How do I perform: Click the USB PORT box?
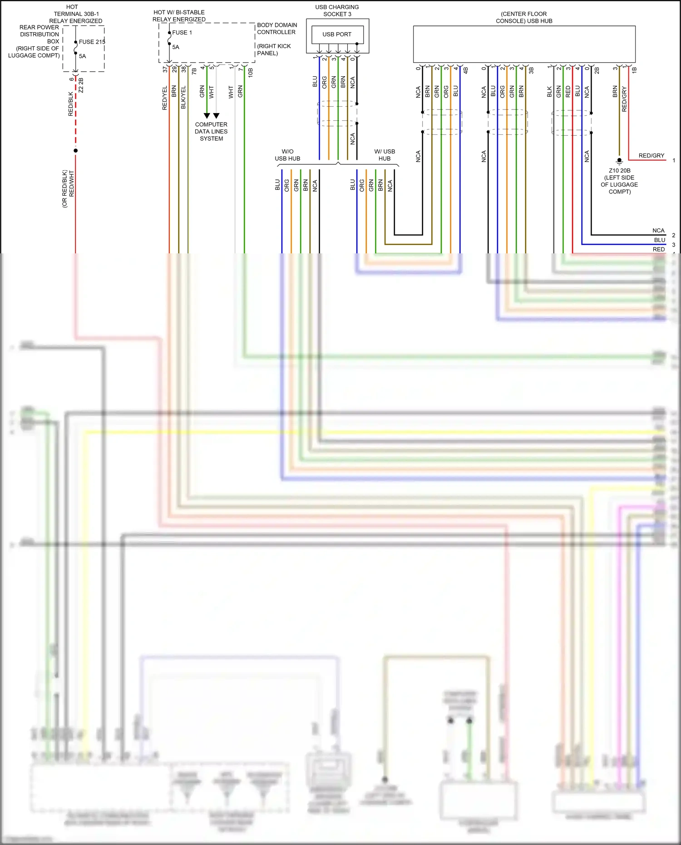point(337,34)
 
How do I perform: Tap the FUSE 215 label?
point(92,42)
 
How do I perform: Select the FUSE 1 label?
point(182,33)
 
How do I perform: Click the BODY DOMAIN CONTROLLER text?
point(277,29)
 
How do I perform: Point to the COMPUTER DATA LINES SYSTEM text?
point(211,131)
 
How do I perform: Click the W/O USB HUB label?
point(287,155)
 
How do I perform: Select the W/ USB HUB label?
point(385,155)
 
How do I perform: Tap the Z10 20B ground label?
point(619,181)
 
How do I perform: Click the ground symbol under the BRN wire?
point(619,160)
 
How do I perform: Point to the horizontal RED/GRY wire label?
point(651,156)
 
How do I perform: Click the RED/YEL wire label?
point(165,98)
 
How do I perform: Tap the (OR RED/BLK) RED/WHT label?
point(68,188)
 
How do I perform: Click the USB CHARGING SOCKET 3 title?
point(337,10)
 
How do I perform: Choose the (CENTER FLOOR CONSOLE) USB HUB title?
point(524,17)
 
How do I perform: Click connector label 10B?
point(250,72)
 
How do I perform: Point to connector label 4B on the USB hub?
point(465,70)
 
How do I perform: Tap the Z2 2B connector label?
point(81,85)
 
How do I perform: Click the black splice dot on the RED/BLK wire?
point(75,150)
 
